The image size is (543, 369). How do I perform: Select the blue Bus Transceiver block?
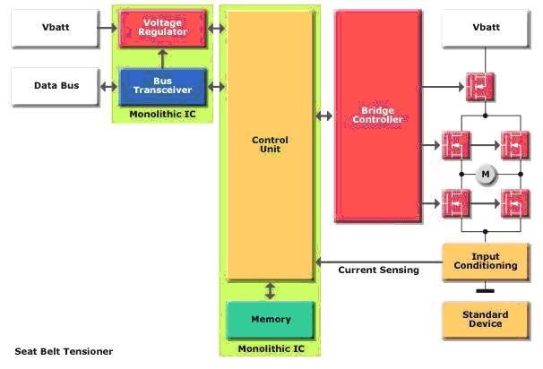point(162,86)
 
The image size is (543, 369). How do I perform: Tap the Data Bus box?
point(56,86)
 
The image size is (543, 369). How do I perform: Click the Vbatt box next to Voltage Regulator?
point(56,28)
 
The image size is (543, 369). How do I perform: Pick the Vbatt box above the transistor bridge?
point(486,28)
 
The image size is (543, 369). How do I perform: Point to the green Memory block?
point(271,319)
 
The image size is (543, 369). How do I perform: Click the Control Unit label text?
point(271,143)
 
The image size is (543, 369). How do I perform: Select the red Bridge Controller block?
point(377,116)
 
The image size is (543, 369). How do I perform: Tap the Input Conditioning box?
point(486,260)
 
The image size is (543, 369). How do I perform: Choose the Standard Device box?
point(486,320)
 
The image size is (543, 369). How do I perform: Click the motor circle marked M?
point(486,173)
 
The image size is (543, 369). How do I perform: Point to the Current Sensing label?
point(378,270)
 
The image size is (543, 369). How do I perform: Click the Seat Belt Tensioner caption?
point(63,351)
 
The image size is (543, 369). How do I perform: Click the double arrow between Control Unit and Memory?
point(271,291)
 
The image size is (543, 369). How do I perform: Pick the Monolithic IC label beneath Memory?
point(271,348)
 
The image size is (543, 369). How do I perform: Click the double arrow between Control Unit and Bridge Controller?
point(324,116)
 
